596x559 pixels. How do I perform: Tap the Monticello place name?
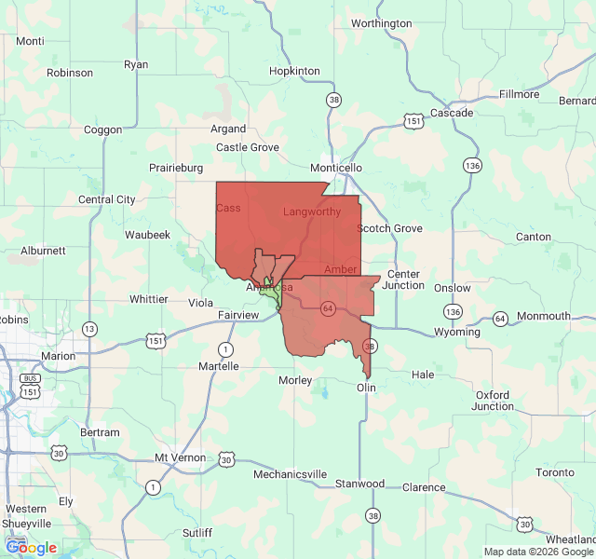pyautogui.click(x=336, y=167)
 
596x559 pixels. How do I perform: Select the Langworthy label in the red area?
pyautogui.click(x=312, y=212)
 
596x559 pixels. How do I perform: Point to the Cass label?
pyautogui.click(x=228, y=208)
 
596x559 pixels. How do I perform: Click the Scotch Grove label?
pyautogui.click(x=389, y=228)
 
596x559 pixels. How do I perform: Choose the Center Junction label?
pyautogui.click(x=405, y=279)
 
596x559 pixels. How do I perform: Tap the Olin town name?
pyautogui.click(x=366, y=387)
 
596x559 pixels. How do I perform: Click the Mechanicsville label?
pyautogui.click(x=291, y=474)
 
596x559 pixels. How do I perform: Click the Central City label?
pyautogui.click(x=107, y=199)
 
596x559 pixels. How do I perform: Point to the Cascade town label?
pyautogui.click(x=452, y=113)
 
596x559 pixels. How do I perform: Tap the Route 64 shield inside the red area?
pyautogui.click(x=327, y=308)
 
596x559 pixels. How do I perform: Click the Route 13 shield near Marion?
pyautogui.click(x=89, y=329)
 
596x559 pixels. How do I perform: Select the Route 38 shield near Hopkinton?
pyautogui.click(x=333, y=99)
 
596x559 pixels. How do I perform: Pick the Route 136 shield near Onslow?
pyautogui.click(x=453, y=311)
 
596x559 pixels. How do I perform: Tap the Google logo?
pyautogui.click(x=31, y=548)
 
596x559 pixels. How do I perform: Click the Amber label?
pyautogui.click(x=340, y=269)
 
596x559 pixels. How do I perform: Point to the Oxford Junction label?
pyautogui.click(x=493, y=400)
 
